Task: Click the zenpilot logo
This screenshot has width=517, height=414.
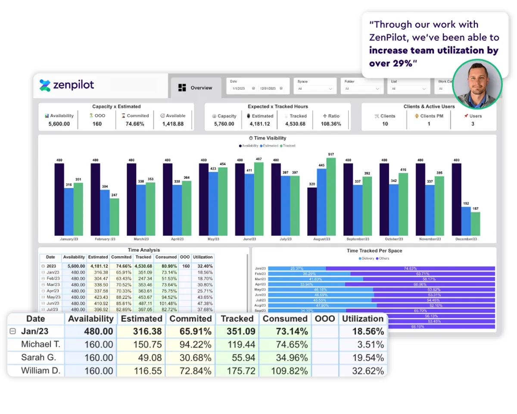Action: point(67,85)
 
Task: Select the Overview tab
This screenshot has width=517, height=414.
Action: point(196,88)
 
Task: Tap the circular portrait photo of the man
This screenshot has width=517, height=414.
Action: point(478,84)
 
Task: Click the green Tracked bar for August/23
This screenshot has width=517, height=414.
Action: point(331,196)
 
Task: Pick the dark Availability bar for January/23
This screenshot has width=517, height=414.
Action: point(59,199)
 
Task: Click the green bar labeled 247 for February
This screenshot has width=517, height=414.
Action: point(114,217)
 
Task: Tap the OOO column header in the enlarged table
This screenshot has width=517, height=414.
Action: point(325,319)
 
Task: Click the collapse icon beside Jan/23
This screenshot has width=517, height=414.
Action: point(13,332)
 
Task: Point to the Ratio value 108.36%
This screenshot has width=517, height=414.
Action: point(331,124)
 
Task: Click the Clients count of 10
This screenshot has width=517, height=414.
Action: point(385,124)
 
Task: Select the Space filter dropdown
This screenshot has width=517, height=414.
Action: point(315,88)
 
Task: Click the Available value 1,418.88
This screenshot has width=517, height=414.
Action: point(173,124)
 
